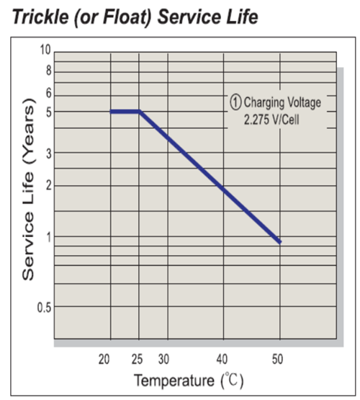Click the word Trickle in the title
tap(40, 17)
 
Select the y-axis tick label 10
tap(45, 50)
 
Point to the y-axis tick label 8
tap(48, 71)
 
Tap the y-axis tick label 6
tap(48, 94)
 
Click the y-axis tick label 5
tap(48, 112)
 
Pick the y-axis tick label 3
tap(48, 154)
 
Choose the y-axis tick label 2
tap(48, 185)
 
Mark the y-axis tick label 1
tap(49, 237)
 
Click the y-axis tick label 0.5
tap(45, 308)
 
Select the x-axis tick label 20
tap(104, 359)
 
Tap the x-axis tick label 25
tap(137, 359)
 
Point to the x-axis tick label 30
tap(163, 359)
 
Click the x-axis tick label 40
tap(222, 359)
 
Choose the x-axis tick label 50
tap(277, 359)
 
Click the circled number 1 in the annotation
tap(235, 102)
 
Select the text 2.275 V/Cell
tap(271, 120)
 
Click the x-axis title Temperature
tap(174, 381)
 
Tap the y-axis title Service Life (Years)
tap(28, 190)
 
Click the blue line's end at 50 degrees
tap(280, 242)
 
